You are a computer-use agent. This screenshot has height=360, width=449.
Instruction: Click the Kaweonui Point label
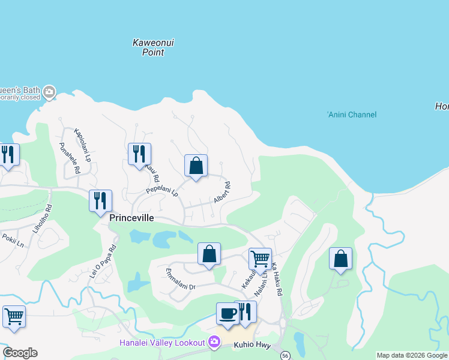(148, 47)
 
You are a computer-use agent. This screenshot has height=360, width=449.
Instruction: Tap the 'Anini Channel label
(352, 115)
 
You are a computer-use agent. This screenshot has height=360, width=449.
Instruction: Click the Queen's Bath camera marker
(49, 92)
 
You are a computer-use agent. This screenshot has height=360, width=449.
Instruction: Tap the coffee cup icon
(228, 314)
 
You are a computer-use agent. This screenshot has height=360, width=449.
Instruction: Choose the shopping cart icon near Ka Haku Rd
(260, 259)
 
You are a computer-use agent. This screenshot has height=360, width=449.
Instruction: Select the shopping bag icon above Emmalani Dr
(209, 254)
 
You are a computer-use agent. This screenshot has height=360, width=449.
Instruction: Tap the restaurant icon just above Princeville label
(100, 200)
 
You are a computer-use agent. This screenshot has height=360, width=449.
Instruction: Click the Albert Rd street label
(222, 193)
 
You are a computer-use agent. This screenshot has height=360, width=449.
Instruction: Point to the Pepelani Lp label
(163, 192)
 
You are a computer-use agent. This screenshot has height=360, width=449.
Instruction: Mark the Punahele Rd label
(70, 158)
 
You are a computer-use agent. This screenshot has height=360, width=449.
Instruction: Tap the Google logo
(20, 353)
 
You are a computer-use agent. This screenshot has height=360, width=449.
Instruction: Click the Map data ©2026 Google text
(411, 355)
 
